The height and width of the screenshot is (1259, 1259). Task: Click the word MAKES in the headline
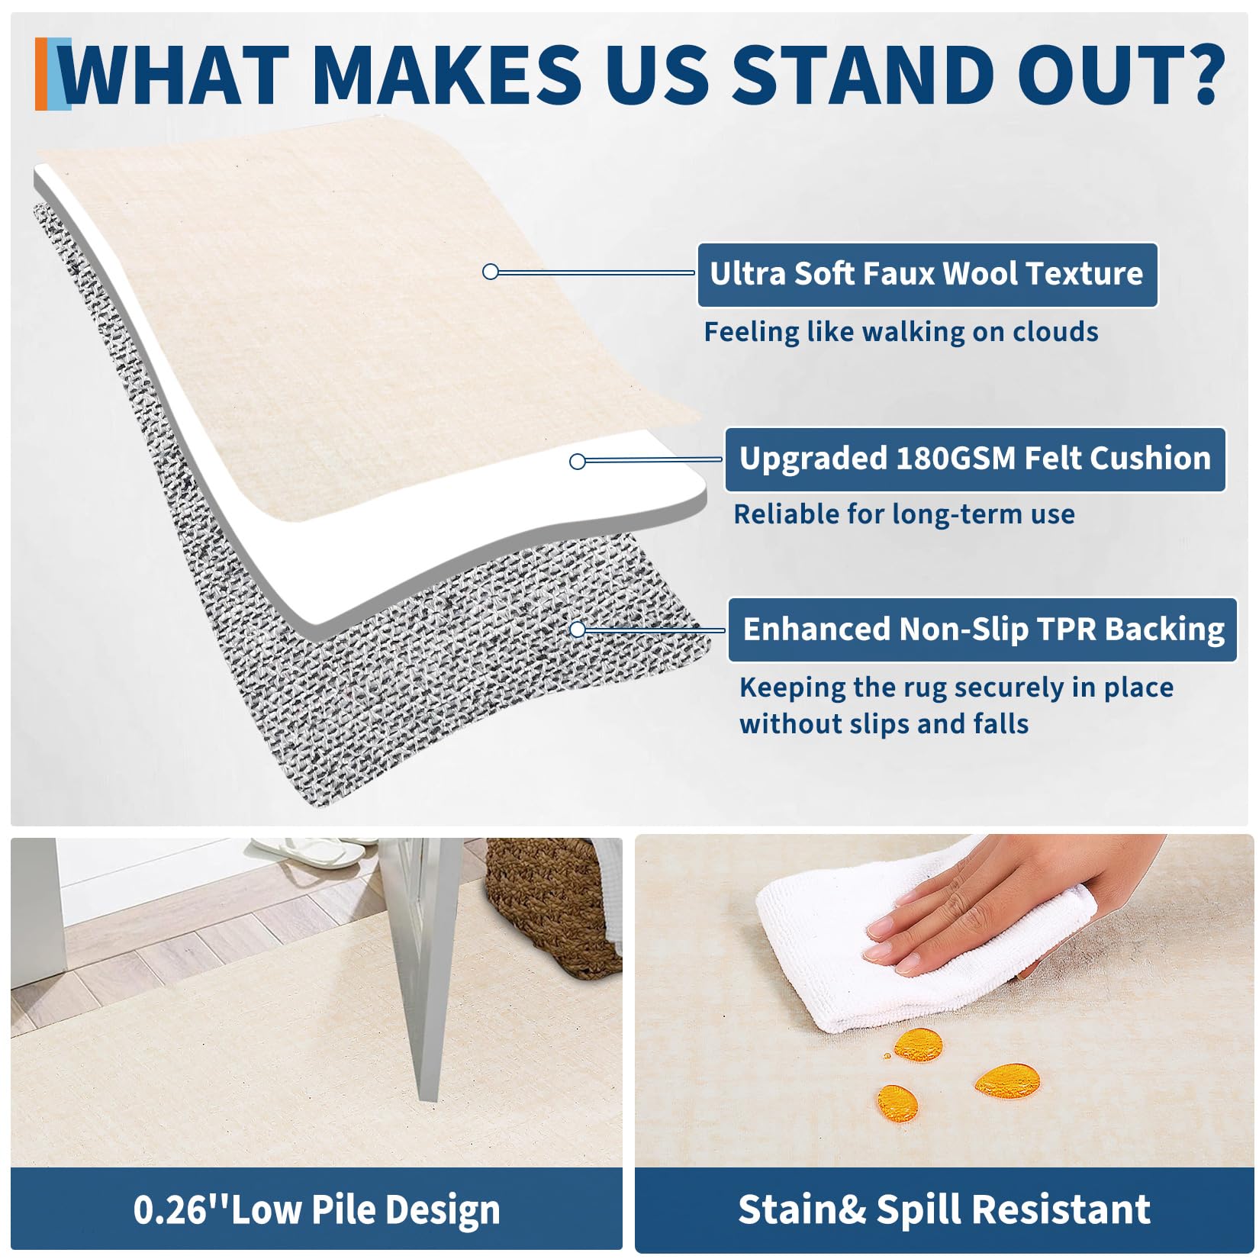[x=447, y=74]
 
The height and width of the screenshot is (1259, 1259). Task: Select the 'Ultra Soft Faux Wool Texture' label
[x=927, y=275]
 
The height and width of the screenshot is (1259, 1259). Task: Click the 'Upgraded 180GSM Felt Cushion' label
[x=975, y=459]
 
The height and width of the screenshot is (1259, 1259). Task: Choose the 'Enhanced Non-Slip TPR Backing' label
[x=983, y=629]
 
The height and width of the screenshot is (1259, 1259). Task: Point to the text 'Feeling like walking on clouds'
[x=901, y=333]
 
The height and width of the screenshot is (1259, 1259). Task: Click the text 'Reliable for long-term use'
[x=904, y=514]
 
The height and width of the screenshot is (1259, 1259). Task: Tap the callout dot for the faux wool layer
[x=491, y=272]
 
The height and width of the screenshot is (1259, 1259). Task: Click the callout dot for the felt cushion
[x=578, y=461]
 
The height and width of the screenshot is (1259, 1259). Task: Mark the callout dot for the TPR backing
[x=578, y=629]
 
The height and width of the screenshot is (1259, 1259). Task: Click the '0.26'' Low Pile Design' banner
[x=317, y=1209]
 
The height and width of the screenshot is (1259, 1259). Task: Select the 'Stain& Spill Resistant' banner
[x=944, y=1209]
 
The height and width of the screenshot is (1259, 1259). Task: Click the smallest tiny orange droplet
[x=887, y=1056]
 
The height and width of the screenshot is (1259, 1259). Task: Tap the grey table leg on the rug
[x=427, y=969]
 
